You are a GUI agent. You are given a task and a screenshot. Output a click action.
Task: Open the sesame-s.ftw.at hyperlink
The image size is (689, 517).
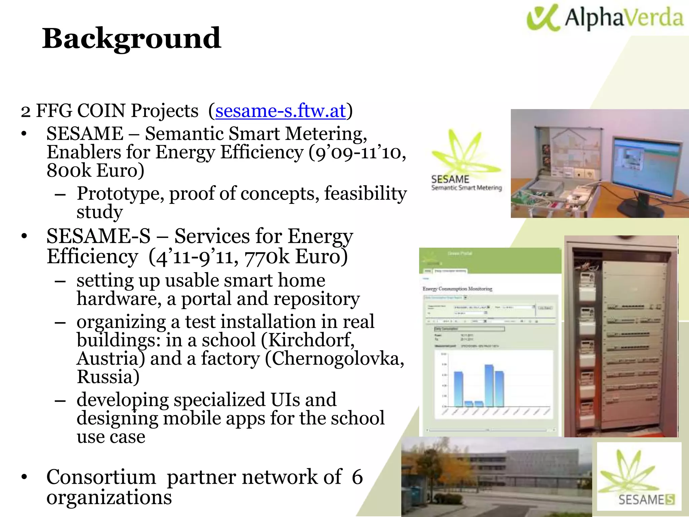click(x=280, y=111)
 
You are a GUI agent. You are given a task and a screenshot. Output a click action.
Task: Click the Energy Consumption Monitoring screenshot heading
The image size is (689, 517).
click(x=457, y=289)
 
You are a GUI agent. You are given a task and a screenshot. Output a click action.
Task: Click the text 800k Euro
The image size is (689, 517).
click(x=95, y=171)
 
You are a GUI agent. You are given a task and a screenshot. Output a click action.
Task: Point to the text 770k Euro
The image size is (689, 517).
click(x=296, y=257)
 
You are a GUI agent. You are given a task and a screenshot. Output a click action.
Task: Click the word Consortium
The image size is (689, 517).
click(x=101, y=477)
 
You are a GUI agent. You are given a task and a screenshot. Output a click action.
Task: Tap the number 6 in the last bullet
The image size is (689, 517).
click(x=357, y=477)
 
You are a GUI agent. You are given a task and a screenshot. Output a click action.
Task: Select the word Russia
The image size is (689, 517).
click(x=108, y=377)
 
